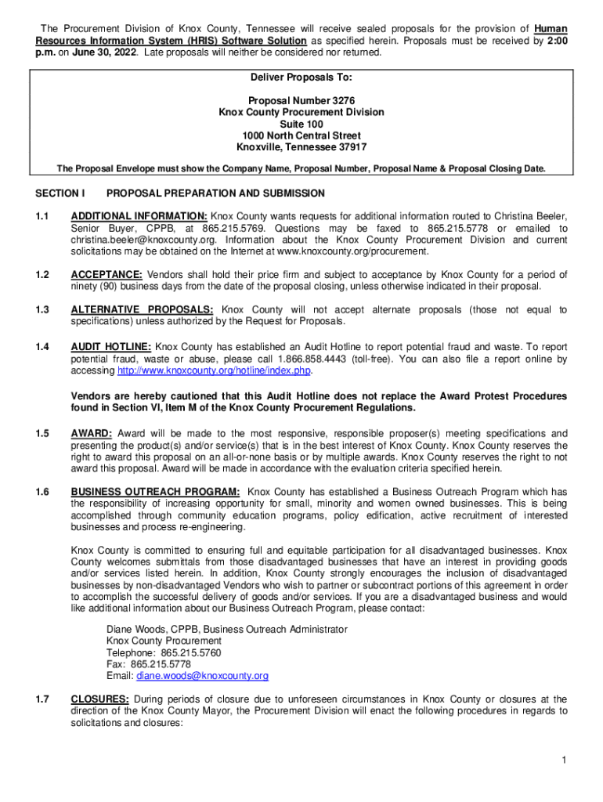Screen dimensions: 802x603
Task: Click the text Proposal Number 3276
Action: coord(301,101)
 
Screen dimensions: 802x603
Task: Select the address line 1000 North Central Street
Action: coord(301,135)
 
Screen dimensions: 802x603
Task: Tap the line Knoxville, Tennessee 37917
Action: coord(301,147)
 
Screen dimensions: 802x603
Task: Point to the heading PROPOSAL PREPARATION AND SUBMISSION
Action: coord(215,193)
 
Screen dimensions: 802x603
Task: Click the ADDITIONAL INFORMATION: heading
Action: coord(139,216)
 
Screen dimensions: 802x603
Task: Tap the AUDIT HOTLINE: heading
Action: coord(111,346)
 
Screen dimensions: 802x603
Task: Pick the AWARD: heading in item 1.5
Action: coord(92,434)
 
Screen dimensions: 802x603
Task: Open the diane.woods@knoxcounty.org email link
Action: coord(202,676)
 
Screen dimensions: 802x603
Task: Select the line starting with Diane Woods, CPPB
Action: coord(226,629)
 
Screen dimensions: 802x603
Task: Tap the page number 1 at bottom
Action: coord(564,761)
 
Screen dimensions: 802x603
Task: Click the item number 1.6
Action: coord(42,492)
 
